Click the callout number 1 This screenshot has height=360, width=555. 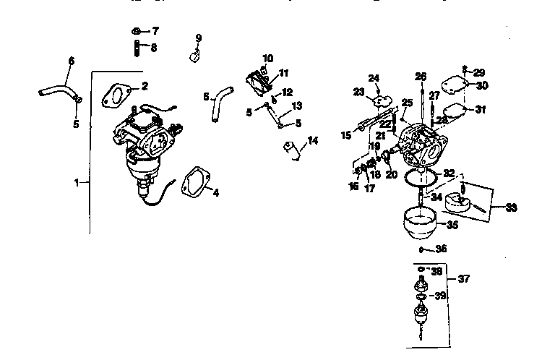coord(77,183)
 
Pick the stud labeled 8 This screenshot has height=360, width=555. coord(137,48)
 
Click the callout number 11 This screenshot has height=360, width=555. coord(284,72)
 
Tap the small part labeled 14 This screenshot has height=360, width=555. coord(292,150)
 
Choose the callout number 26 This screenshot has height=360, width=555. coord(421,76)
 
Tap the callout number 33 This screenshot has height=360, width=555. coord(512,208)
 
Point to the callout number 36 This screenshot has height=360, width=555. coord(441,249)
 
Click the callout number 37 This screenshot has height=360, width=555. coord(462,279)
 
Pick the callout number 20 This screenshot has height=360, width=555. coord(391,174)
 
